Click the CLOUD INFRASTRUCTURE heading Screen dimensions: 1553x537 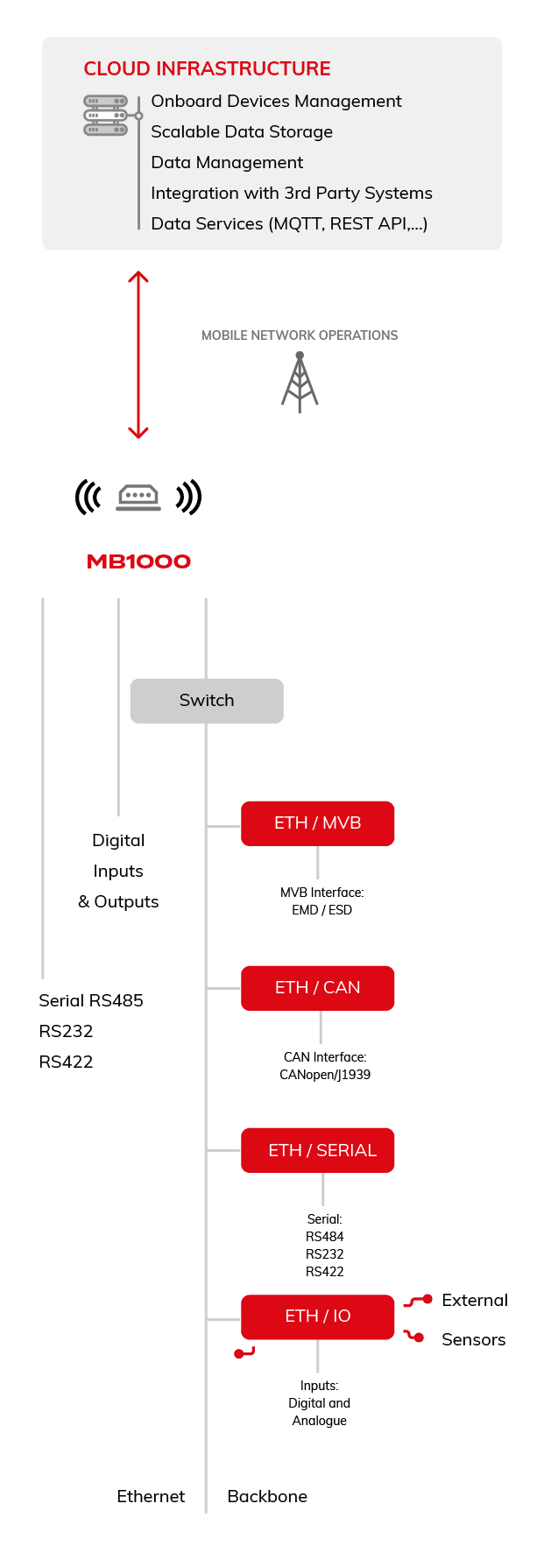point(207,68)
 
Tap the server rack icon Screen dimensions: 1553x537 point(106,116)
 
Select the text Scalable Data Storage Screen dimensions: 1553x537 point(242,131)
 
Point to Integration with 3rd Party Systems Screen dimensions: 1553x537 point(291,193)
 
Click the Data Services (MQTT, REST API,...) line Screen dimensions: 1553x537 point(289,223)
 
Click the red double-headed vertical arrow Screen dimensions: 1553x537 point(138,354)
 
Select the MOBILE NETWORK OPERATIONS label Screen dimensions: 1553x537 point(300,335)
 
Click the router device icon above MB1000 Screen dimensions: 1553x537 point(138,498)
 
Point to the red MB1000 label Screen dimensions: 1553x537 point(138,561)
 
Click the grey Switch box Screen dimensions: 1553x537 point(207,700)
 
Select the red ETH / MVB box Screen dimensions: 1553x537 point(317,822)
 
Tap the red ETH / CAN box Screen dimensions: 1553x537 point(317,987)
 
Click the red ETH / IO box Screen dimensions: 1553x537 point(317,1316)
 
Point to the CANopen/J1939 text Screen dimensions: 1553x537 point(325,1075)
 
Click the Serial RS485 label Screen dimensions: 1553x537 point(91,1000)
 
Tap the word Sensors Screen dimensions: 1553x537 point(473,1339)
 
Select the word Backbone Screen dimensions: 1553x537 point(267,1496)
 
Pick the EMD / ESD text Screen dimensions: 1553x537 point(321,910)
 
